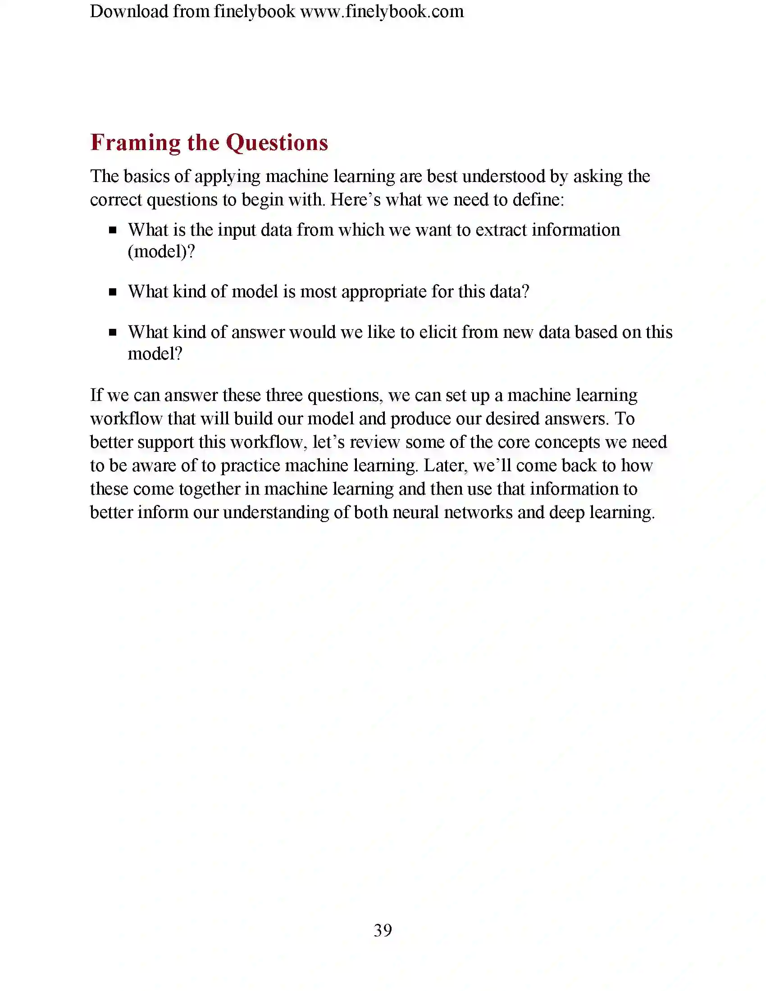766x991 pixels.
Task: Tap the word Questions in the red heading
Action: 277,143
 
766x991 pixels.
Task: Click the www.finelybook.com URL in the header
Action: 382,12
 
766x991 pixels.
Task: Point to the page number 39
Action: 383,930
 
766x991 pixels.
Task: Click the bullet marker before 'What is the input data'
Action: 113,231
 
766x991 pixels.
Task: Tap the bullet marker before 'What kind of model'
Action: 113,292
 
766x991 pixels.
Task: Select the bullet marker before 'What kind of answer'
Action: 113,332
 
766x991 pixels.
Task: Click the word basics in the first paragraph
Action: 146,177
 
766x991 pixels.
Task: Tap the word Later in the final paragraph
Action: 443,466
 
